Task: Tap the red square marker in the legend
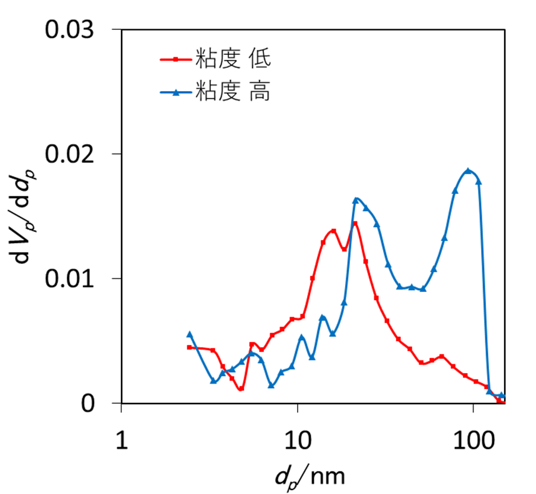point(176,60)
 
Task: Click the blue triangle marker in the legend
point(176,93)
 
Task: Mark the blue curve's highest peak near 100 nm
point(468,171)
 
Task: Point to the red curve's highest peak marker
point(354,223)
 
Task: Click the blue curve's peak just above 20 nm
point(356,200)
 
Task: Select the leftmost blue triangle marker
point(190,334)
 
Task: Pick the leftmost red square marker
point(190,347)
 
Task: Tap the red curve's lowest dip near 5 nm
point(241,389)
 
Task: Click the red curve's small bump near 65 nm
point(442,356)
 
